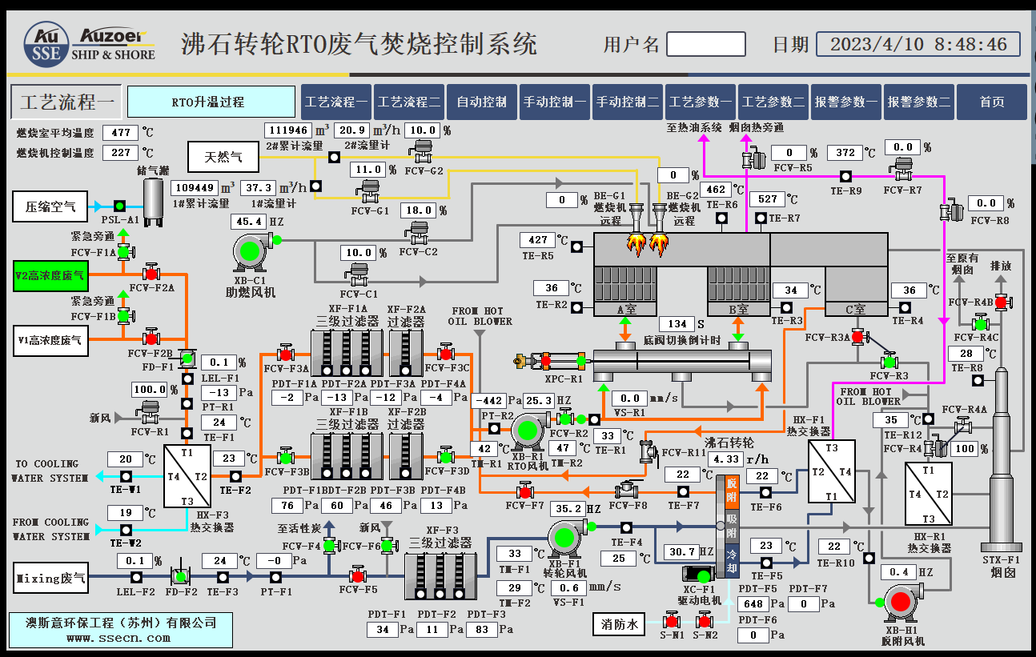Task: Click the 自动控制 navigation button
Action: point(482,102)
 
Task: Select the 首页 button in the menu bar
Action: point(992,102)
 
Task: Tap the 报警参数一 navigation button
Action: point(846,102)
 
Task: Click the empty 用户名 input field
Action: point(706,43)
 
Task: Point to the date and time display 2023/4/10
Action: point(918,43)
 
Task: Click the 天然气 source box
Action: point(223,157)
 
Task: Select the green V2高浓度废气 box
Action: point(49,275)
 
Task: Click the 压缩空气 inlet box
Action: point(50,206)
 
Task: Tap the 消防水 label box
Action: point(620,624)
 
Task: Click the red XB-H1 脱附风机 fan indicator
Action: point(900,602)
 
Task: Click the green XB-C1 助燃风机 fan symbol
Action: point(251,252)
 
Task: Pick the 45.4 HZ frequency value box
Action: point(247,221)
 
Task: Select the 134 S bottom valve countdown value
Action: point(677,323)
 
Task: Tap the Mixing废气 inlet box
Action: point(49,578)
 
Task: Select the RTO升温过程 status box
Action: point(207,102)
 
